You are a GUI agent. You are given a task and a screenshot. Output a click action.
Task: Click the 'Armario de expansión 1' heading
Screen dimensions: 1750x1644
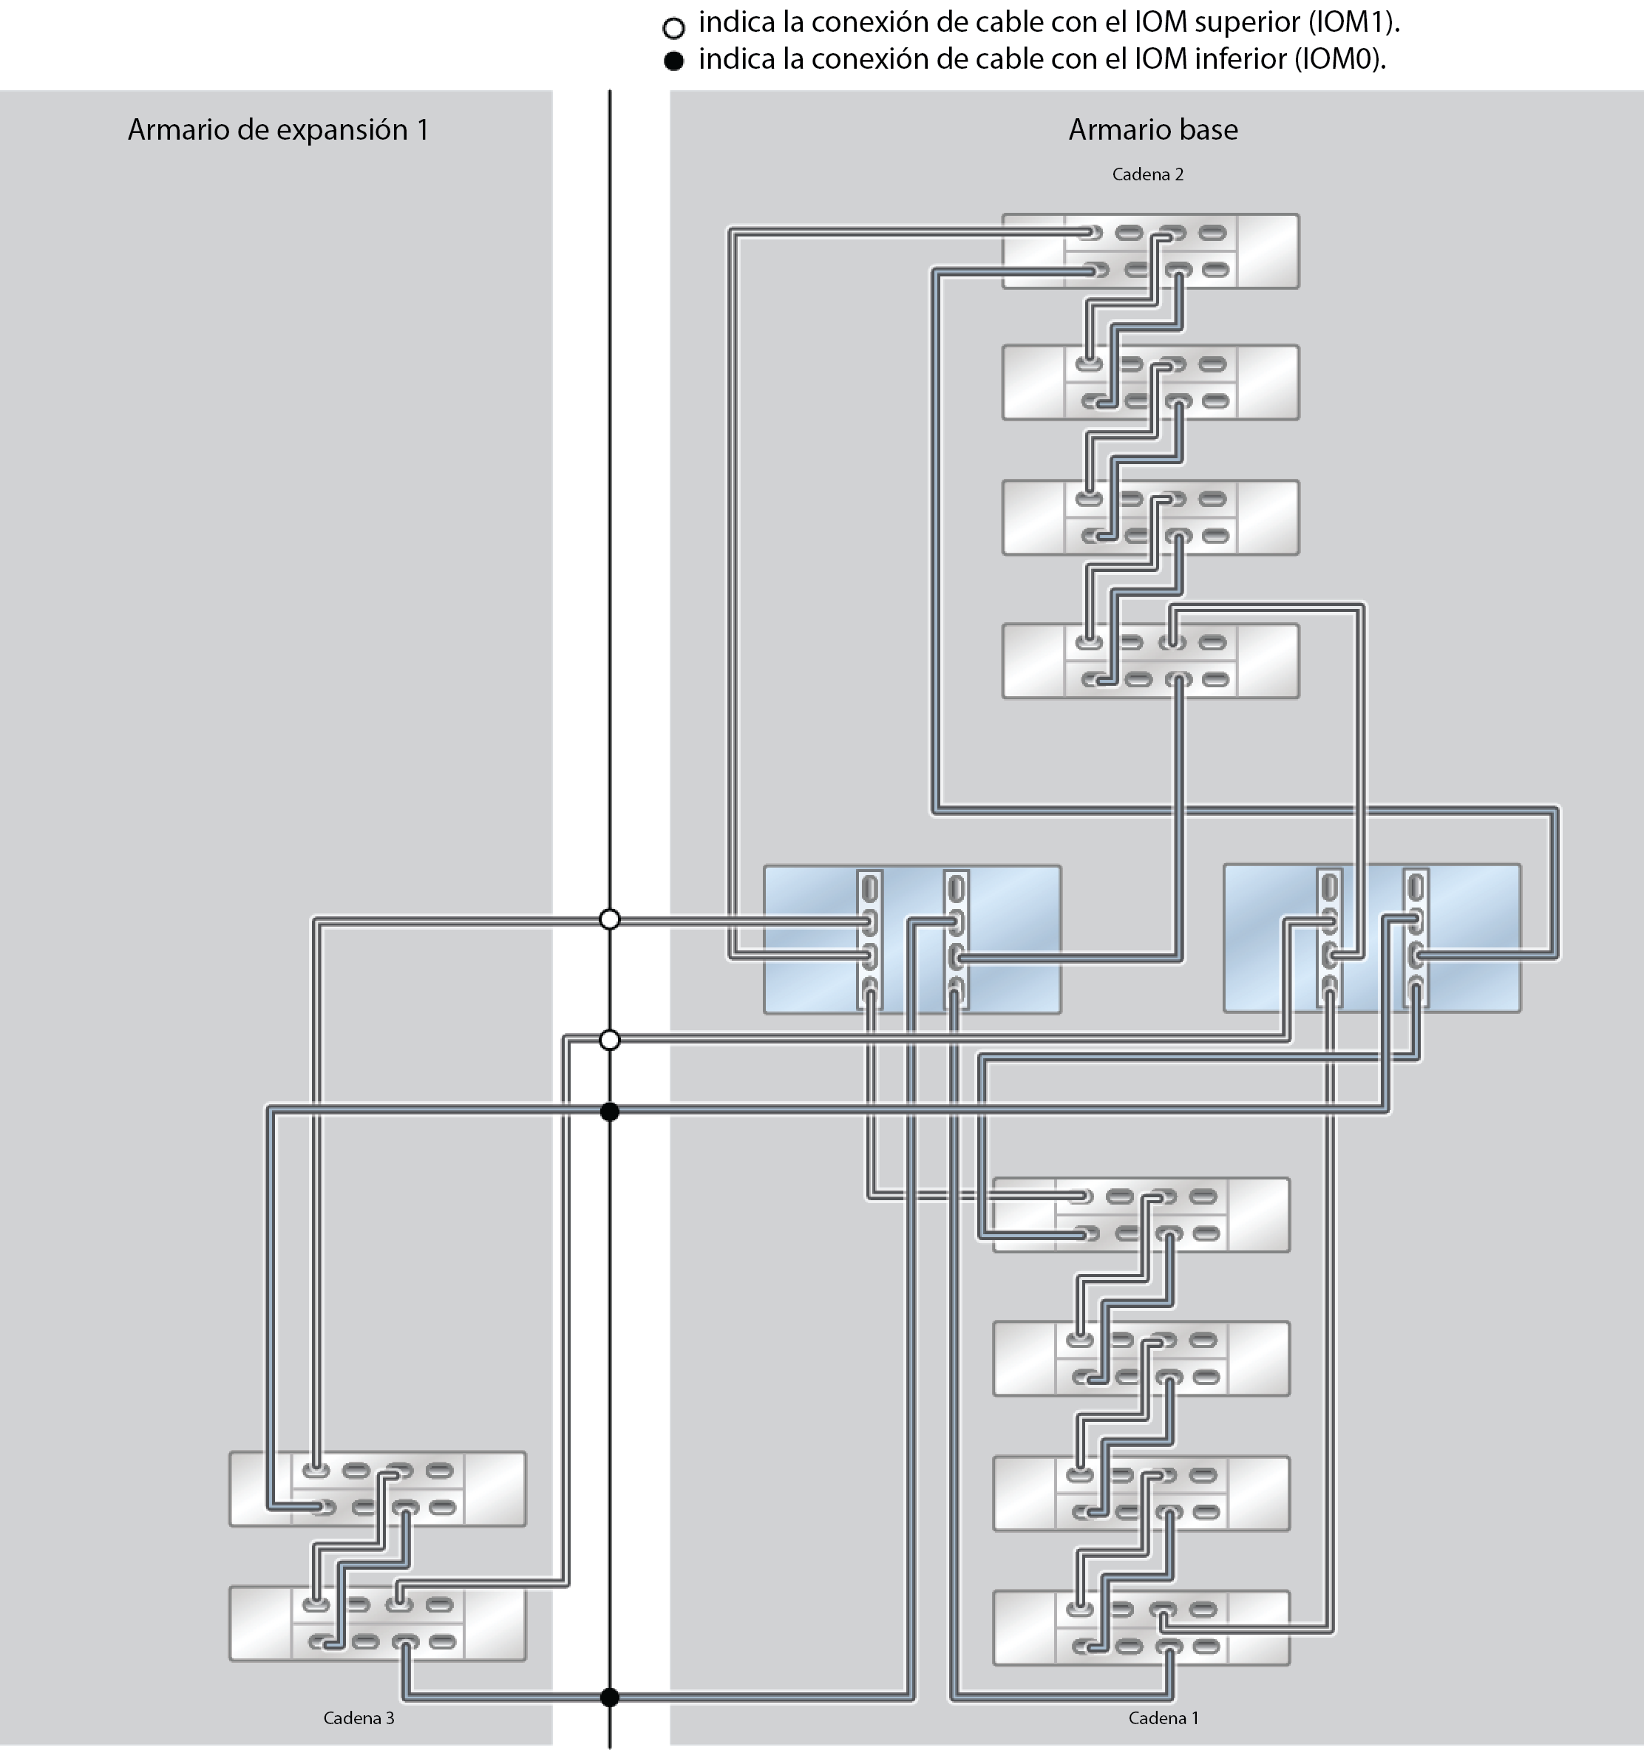277,130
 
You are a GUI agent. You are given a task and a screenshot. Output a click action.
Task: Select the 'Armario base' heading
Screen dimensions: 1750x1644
1152,130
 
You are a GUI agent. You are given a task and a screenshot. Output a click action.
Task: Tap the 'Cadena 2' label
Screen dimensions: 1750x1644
1147,174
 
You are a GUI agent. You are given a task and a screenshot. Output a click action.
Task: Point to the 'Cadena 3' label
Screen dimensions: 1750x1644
359,1717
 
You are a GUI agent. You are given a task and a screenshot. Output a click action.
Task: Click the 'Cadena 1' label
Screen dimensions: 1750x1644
1164,1717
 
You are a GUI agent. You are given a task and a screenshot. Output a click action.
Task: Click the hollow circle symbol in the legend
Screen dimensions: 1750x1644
673,28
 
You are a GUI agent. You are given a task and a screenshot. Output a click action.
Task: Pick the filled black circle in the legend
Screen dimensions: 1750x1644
673,61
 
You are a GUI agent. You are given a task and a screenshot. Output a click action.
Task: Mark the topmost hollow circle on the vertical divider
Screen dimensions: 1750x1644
609,920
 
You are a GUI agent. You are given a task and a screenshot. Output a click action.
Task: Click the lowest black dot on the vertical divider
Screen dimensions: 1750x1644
609,1698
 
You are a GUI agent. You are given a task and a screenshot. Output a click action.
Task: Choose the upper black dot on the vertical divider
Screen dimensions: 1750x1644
609,1111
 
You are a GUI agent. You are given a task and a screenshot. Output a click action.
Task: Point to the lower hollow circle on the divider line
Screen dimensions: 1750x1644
609,1041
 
